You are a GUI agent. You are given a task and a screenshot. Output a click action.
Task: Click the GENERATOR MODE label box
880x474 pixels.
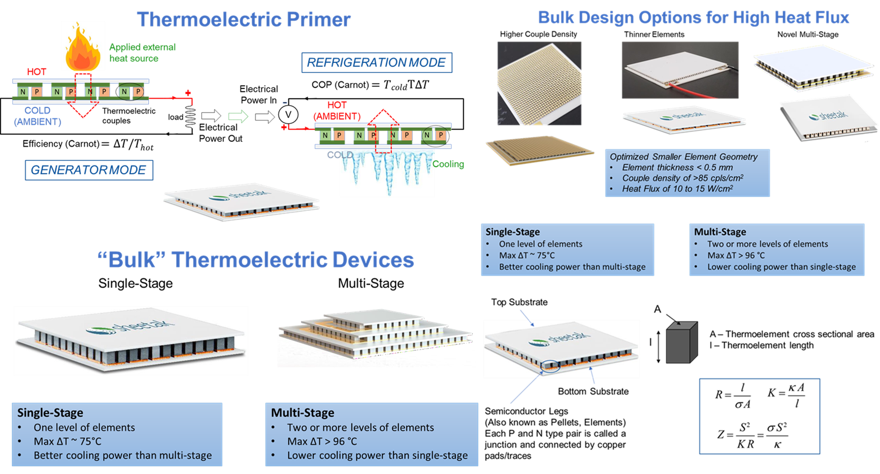pyautogui.click(x=89, y=170)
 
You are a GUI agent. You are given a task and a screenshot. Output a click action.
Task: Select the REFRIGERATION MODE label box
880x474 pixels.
pyautogui.click(x=376, y=63)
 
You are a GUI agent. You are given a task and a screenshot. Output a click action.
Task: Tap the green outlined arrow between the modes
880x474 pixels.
pyautogui.click(x=238, y=116)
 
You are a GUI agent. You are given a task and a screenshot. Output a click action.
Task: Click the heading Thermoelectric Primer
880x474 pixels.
pyautogui.click(x=243, y=20)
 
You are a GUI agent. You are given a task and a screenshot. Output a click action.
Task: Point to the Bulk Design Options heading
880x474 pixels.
pyautogui.click(x=694, y=18)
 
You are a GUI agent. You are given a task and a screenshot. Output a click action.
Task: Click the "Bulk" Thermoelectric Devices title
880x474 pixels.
pyautogui.click(x=256, y=260)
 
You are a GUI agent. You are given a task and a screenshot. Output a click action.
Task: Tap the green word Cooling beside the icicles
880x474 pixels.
pyautogui.click(x=448, y=164)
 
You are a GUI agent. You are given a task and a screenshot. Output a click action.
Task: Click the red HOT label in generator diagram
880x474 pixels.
pyautogui.click(x=36, y=72)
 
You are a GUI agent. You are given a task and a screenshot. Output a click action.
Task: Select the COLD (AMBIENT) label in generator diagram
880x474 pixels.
pyautogui.click(x=37, y=116)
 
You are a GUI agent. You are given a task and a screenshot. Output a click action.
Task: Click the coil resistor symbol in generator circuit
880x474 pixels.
pyautogui.click(x=191, y=117)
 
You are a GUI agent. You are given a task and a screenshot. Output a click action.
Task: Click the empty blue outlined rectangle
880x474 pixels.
pyautogui.click(x=759, y=416)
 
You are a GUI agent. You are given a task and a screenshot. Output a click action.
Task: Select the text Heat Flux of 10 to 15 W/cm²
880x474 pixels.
pyautogui.click(x=677, y=189)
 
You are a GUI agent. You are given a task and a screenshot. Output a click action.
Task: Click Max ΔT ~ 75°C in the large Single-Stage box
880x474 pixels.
pyautogui.click(x=68, y=442)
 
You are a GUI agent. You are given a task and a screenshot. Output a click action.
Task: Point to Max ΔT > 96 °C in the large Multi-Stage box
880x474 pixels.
pyautogui.click(x=322, y=442)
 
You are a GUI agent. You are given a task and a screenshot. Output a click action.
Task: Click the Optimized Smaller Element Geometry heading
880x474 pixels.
pyautogui.click(x=683, y=157)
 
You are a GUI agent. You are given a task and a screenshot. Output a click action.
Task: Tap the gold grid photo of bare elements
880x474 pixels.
pyautogui.click(x=539, y=83)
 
